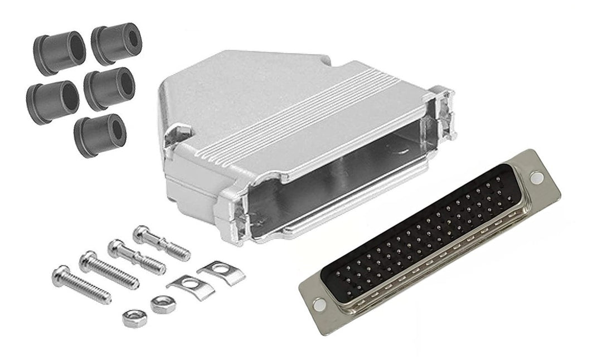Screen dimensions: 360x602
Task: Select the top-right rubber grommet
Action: pyautogui.click(x=116, y=43)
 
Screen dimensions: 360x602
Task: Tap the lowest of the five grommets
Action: pyautogui.click(x=100, y=135)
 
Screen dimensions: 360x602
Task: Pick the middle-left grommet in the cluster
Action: pyautogui.click(x=52, y=102)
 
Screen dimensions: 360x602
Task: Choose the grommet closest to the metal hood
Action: pyautogui.click(x=109, y=88)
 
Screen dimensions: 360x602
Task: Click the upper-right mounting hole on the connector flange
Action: pyautogui.click(x=536, y=178)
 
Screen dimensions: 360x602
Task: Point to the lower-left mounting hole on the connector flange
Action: pyautogui.click(x=318, y=304)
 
